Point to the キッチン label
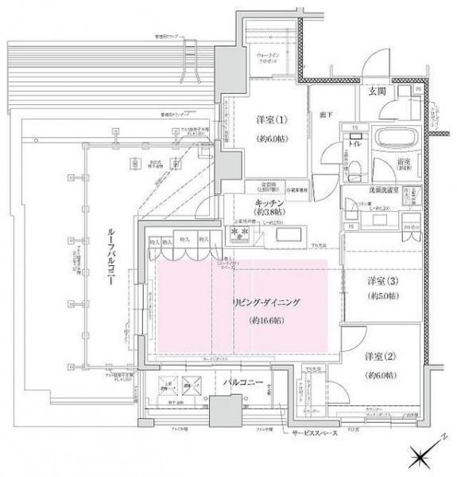coord(270,204)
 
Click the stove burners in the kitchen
coord(238,233)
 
